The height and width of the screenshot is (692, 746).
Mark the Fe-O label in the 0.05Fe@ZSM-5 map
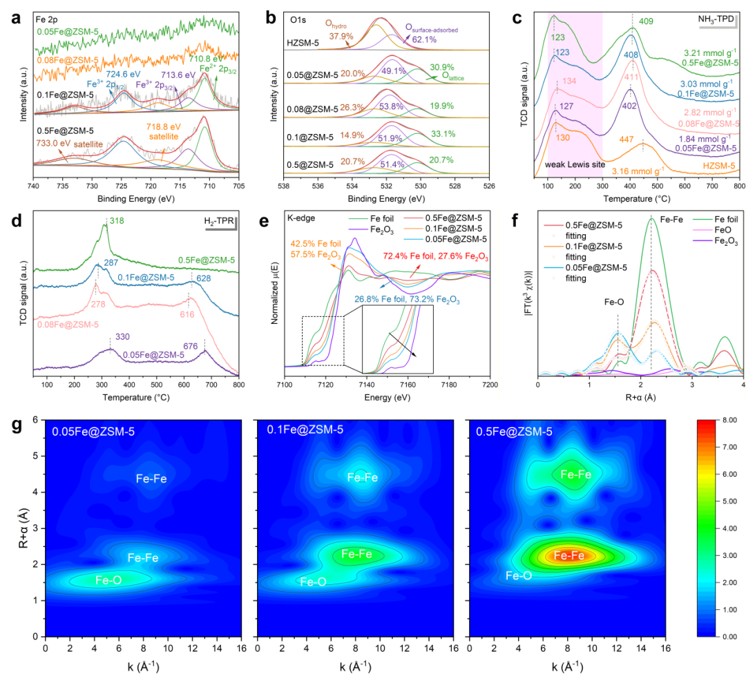point(109,581)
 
